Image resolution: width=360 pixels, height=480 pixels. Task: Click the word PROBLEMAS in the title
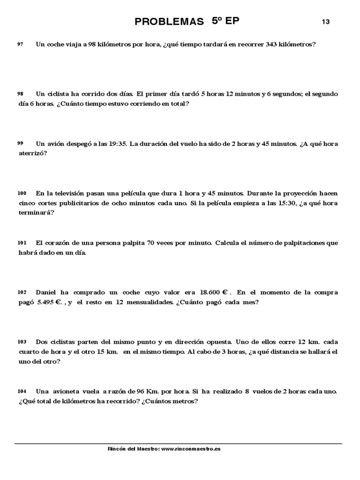coord(169,22)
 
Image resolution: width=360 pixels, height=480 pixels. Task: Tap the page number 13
coord(326,22)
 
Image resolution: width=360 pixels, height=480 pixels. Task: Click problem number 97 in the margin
coord(20,44)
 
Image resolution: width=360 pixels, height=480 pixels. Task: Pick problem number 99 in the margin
coord(20,143)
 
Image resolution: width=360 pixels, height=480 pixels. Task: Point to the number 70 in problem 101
coord(150,243)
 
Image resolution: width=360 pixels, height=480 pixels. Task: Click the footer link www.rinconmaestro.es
coord(191,449)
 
